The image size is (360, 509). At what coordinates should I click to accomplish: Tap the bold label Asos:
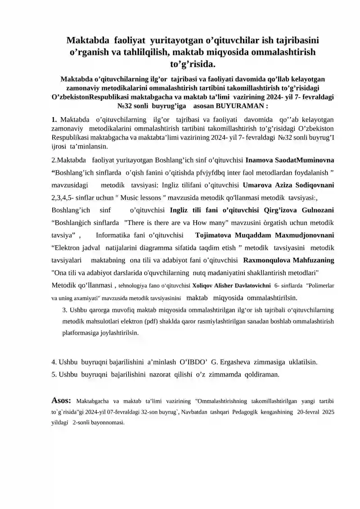(62, 399)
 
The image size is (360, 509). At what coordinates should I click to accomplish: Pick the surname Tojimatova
(216, 235)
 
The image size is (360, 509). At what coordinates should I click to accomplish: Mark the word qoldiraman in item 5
(261, 374)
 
